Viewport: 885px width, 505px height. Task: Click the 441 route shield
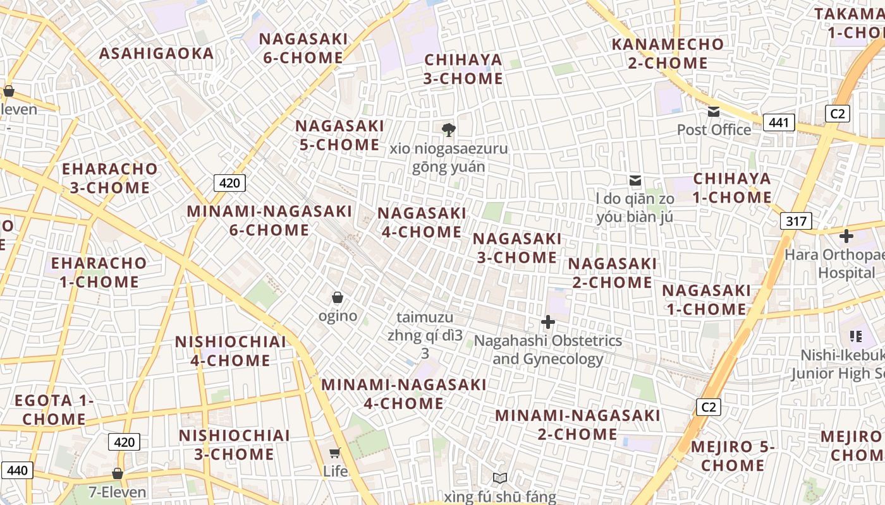778,122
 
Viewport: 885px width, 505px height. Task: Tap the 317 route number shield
796,221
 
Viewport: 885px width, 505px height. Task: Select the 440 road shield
17,470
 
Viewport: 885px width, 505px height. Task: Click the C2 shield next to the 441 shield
838,114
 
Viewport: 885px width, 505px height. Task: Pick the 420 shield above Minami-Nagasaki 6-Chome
229,183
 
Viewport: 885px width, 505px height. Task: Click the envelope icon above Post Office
714,112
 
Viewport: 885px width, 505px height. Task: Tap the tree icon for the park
449,130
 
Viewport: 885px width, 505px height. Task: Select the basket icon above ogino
338,297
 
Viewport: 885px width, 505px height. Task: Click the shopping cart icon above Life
335,453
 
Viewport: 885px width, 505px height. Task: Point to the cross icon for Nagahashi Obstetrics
548,323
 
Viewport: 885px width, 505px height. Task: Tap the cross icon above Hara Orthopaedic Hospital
846,237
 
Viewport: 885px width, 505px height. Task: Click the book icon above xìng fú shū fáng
500,478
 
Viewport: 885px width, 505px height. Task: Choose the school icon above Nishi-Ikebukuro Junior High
856,336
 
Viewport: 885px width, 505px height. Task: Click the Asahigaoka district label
157,54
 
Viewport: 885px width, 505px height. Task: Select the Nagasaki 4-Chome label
422,223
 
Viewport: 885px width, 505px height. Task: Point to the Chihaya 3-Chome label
463,69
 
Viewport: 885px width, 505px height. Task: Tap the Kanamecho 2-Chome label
668,54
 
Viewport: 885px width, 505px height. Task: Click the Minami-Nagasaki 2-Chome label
578,425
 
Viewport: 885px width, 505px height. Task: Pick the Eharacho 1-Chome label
99,272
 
